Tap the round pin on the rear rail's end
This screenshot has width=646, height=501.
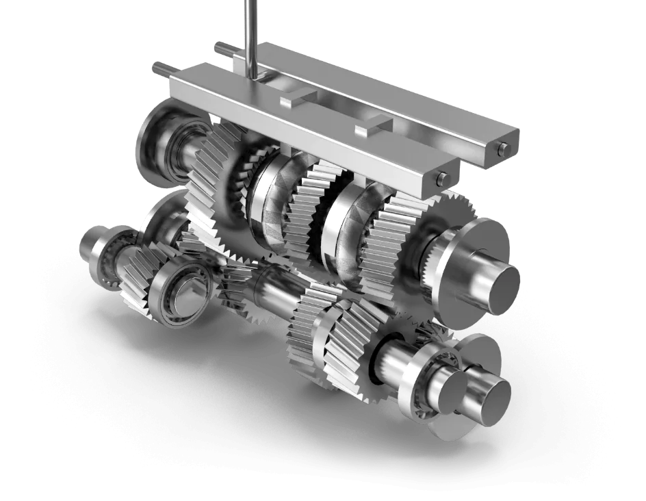pyautogui.click(x=504, y=149)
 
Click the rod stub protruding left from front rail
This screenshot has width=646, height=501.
pyautogui.click(x=161, y=68)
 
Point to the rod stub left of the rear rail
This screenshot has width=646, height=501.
pyautogui.click(x=221, y=48)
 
